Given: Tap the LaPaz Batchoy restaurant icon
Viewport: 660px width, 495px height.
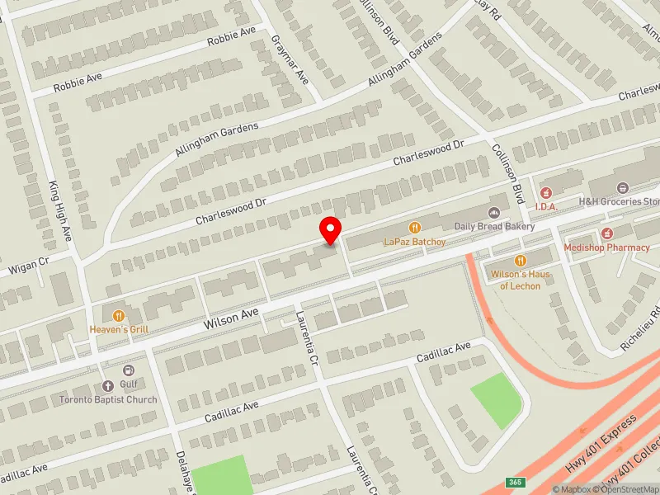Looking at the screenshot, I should [x=414, y=227].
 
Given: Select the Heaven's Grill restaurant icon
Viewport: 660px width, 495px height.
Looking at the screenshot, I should [x=119, y=315].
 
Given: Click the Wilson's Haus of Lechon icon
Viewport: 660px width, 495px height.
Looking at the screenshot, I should [x=520, y=260].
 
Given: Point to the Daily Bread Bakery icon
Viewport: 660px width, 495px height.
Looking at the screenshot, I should [x=495, y=212].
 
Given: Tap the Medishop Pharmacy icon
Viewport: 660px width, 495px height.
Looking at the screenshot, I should [x=607, y=233].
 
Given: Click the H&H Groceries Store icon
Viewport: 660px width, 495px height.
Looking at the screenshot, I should [x=621, y=188].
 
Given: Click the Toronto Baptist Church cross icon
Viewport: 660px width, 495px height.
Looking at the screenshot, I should [x=106, y=386].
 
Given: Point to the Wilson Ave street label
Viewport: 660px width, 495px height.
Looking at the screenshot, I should [x=234, y=316].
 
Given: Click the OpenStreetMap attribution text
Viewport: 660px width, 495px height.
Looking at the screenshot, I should [x=624, y=489].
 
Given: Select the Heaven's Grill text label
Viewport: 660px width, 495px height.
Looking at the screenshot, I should [x=119, y=329].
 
